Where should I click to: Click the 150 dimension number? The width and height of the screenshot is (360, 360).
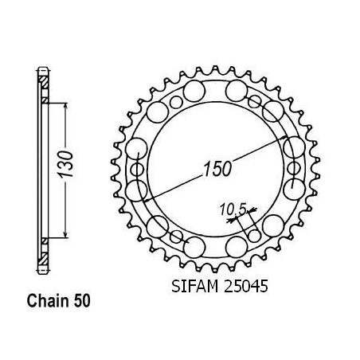217,169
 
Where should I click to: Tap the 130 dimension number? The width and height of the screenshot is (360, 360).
65,164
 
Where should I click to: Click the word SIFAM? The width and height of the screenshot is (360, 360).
195,287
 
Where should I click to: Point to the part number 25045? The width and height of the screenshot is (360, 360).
245,287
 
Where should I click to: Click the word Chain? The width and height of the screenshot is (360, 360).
48,301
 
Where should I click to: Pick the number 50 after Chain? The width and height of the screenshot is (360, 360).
82,301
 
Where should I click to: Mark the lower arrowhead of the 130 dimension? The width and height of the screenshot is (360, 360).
65,234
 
